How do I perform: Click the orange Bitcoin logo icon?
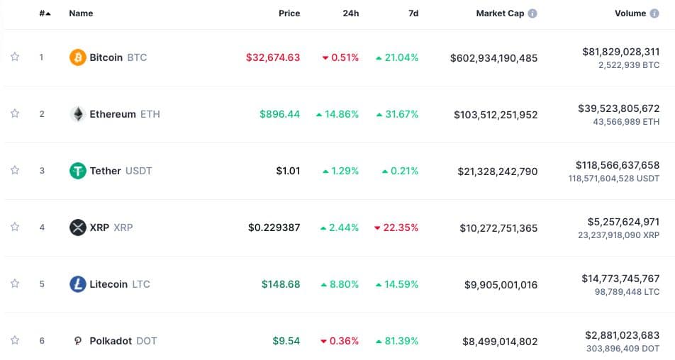[78, 57]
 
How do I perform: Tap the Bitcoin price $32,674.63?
[273, 57]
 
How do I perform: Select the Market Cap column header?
[500, 13]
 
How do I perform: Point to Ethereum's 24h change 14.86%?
[337, 114]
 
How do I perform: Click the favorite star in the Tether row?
[15, 171]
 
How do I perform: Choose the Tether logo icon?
[78, 171]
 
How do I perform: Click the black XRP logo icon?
[78, 227]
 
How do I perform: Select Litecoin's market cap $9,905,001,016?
[501, 284]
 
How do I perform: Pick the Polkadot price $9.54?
[286, 341]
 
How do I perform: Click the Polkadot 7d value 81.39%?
[396, 341]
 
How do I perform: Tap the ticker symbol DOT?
[147, 341]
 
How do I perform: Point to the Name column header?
[81, 13]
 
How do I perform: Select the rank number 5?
[42, 284]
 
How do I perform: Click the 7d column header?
[413, 13]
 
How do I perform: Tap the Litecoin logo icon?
[78, 284]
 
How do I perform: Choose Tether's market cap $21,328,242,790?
[496, 171]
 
